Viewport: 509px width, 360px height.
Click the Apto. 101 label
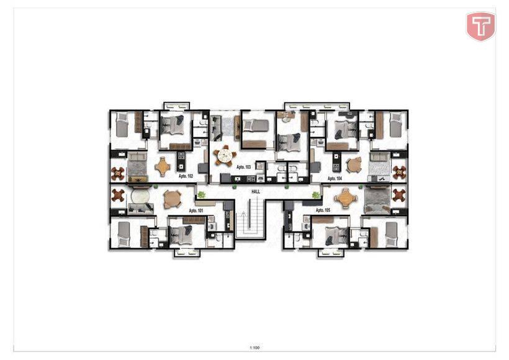pos(196,210)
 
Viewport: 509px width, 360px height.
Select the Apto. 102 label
pos(186,176)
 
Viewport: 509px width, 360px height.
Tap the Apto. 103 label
pos(243,167)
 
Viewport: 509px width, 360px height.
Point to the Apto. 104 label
pos(335,179)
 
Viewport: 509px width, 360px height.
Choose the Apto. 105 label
pos(323,210)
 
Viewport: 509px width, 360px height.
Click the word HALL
pos(256,192)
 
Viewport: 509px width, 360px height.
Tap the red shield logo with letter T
pos(481,26)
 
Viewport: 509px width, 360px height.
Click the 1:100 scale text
pos(255,348)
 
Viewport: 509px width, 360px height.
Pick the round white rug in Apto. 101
pos(140,196)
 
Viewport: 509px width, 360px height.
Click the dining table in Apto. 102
pos(163,167)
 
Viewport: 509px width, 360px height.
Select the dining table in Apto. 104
pos(354,165)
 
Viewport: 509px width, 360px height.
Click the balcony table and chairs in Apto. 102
pos(117,174)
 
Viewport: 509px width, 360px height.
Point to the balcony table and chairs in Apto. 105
pos(399,195)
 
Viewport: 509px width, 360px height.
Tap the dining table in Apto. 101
pos(173,199)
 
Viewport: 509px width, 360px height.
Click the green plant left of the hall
pos(202,195)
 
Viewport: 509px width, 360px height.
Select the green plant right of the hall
pos(315,195)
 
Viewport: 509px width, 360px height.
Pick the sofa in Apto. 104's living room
pos(380,157)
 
